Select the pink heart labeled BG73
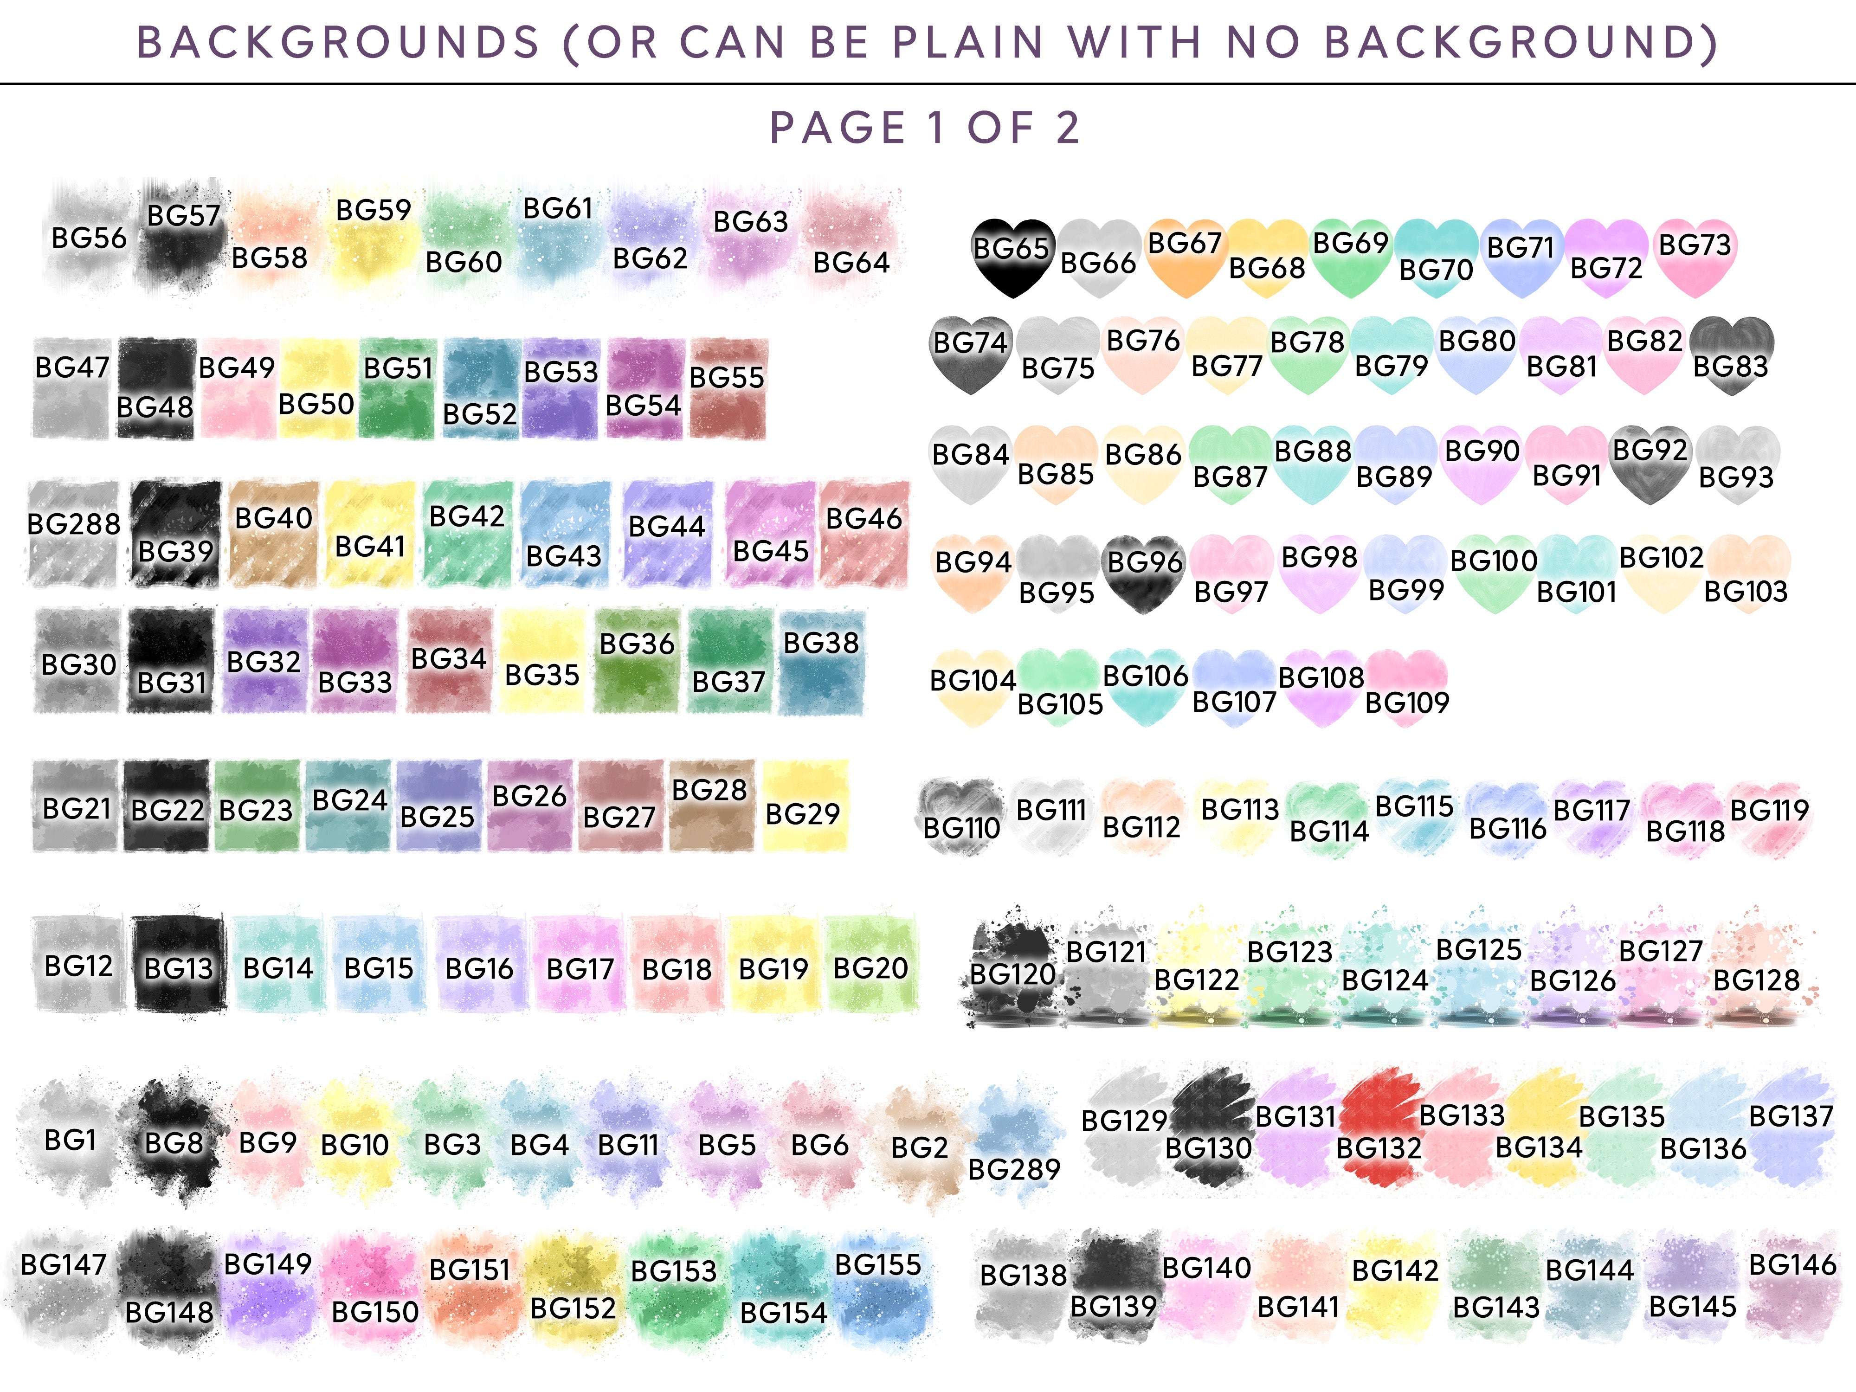tap(1694, 258)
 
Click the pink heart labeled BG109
tap(1407, 688)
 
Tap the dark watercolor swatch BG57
tap(183, 235)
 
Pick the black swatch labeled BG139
tap(1114, 1284)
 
